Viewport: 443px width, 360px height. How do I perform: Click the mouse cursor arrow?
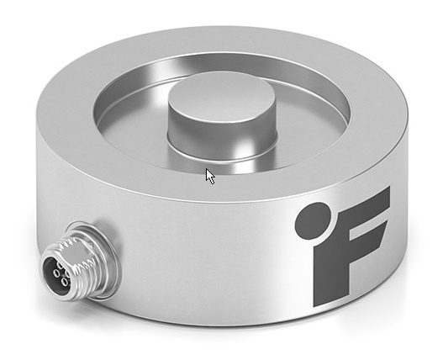tap(210, 176)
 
